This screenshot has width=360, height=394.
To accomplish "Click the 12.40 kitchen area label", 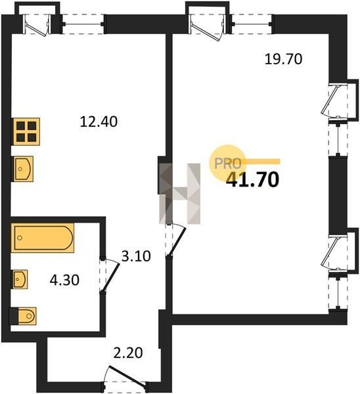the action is point(99,121).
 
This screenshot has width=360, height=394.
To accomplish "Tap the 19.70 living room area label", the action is point(283,59).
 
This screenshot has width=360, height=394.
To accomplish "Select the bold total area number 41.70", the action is point(253,180).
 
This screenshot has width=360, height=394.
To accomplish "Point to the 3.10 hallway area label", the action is point(136,256).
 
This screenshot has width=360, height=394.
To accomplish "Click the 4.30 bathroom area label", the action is point(64,280).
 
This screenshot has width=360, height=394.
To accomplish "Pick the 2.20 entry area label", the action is point(128,353).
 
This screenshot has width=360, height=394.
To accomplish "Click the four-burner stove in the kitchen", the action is point(26,131).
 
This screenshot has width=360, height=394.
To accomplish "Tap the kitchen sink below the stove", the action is point(23,169).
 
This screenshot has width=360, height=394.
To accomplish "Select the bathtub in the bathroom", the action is point(43,238).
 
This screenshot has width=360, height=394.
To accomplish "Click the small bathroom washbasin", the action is point(20,279).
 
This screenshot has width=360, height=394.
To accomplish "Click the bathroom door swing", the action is point(110,276).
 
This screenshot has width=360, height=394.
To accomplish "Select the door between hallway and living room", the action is point(176,240).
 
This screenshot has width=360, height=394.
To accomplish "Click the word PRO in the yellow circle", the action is point(227,164).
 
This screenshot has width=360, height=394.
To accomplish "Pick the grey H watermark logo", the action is point(180,194).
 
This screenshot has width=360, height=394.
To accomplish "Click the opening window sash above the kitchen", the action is point(37,25).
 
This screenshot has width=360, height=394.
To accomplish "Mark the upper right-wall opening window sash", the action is point(332,100).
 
